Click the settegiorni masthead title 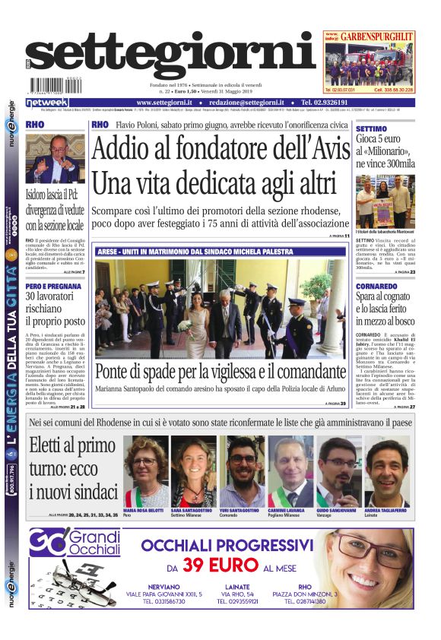click(170, 58)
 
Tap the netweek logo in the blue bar click(47, 103)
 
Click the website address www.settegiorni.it click(163, 103)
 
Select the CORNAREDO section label click(378, 287)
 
